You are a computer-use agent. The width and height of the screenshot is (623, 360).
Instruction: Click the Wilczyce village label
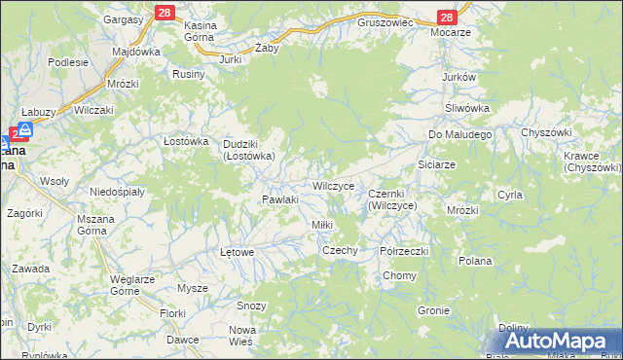coord(338,185)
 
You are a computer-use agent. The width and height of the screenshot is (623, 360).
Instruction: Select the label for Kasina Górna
coord(206,33)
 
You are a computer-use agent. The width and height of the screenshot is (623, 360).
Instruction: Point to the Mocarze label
coord(454,31)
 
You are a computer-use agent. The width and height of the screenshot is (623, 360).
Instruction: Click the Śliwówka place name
coord(466,107)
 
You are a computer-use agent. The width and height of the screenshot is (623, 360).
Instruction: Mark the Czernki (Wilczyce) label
coord(392,200)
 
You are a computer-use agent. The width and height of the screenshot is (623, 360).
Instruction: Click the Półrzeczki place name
coord(404,250)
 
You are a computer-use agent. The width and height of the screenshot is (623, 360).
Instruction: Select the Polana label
coord(475,261)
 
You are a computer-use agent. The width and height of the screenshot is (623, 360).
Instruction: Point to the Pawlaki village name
coord(278,199)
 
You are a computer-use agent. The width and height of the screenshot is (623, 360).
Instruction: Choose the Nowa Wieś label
coord(241,336)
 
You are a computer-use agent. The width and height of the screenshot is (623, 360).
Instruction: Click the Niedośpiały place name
coord(117,192)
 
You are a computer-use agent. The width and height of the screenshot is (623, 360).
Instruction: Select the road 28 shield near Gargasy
coord(164,12)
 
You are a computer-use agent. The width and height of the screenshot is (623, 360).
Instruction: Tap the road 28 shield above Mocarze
coord(446,18)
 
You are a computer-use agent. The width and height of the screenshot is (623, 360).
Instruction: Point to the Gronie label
coord(433,311)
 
